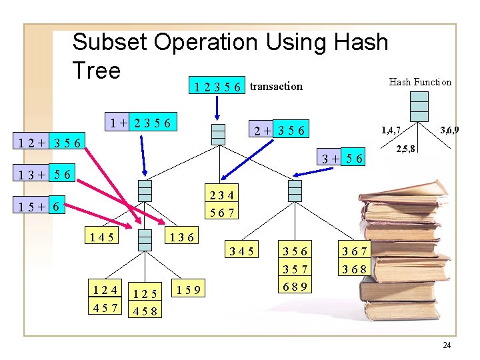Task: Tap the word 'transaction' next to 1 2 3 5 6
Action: coord(276,86)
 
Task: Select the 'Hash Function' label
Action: coord(420,82)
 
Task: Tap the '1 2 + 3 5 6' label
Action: coord(51,142)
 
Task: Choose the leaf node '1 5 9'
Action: coord(189,289)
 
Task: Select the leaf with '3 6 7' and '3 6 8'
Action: coord(354,260)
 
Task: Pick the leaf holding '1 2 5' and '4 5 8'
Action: coord(145,301)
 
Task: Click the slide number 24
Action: coord(446,345)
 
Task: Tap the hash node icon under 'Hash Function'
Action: coord(419,106)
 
